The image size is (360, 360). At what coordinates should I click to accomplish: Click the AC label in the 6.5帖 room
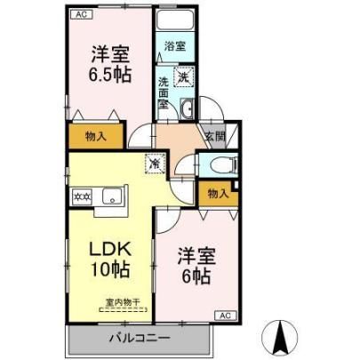pos(82,14)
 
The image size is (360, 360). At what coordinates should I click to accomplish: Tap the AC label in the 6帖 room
pos(225,316)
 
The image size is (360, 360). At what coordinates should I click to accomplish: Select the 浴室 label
pos(175,46)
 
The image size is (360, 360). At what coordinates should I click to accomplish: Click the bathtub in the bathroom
pos(175,20)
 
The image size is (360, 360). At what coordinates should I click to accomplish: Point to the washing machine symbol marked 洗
pos(183,76)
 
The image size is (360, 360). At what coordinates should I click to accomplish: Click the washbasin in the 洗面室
pos(188,108)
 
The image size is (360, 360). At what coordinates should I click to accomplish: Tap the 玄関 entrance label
pos(215,137)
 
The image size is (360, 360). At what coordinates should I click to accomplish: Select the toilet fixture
pos(228,165)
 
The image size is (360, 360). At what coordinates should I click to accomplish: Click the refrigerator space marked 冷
pos(155,163)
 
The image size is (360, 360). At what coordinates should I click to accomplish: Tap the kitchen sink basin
pos(112,196)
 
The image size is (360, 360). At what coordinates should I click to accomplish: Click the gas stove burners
pos(83,196)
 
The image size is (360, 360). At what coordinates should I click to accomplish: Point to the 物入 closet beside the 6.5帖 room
pos(96,136)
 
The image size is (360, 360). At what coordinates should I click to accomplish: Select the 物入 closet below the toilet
pos(219,194)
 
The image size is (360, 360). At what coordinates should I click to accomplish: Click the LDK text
pos(110,250)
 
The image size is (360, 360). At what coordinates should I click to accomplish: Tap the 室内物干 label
pos(123,302)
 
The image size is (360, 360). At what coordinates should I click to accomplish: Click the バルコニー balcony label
pos(140,338)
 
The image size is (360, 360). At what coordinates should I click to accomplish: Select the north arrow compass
pos(280,337)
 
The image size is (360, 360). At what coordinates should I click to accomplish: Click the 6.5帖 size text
pos(110,76)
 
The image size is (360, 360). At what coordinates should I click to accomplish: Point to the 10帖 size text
pos(110,269)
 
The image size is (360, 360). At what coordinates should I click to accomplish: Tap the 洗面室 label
pos(163,93)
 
